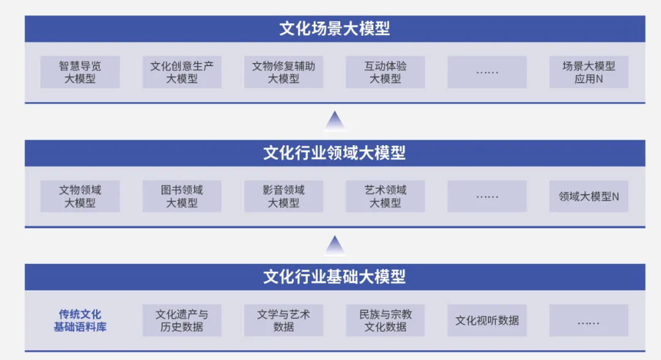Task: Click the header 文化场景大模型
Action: [335, 29]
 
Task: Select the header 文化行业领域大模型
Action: [335, 153]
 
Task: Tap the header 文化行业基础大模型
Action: [335, 277]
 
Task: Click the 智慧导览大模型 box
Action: [80, 72]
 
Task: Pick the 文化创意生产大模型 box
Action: [182, 72]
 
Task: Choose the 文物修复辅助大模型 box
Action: [283, 72]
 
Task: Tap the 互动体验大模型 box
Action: [385, 72]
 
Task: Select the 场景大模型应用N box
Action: [589, 72]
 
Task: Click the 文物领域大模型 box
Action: [80, 197]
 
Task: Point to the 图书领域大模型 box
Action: [182, 197]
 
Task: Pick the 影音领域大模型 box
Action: [283, 197]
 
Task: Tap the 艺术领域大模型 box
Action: [385, 197]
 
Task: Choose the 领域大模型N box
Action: [589, 197]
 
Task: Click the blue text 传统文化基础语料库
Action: [80, 321]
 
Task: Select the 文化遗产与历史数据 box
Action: [182, 321]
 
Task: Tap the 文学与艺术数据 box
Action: [283, 321]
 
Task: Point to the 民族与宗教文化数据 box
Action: [385, 321]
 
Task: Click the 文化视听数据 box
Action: [487, 321]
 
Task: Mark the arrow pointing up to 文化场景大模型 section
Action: [335, 121]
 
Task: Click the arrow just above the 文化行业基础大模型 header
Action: [335, 246]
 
